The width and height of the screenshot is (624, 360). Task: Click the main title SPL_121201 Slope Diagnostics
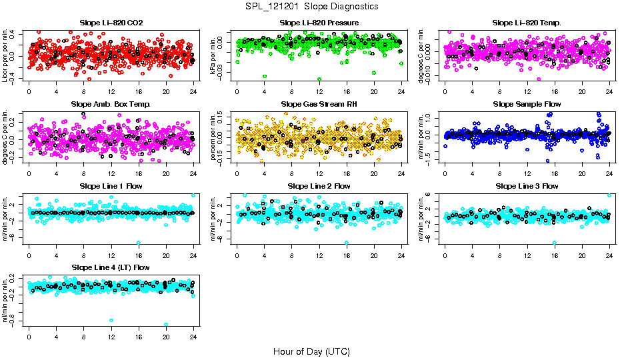tap(311, 6)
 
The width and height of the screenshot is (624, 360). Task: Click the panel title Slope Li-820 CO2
tap(111, 23)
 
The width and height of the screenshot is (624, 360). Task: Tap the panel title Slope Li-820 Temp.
tap(527, 23)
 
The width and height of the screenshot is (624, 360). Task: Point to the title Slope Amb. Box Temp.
tap(111, 104)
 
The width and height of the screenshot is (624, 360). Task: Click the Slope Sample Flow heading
tap(527, 104)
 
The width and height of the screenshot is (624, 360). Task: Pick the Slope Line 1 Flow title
tap(111, 186)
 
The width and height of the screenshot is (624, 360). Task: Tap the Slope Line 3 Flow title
tap(527, 186)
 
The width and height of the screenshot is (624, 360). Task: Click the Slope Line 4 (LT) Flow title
tap(111, 267)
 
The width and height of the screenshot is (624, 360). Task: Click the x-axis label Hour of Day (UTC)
tap(311, 351)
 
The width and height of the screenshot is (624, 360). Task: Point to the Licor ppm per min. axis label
tap(5, 55)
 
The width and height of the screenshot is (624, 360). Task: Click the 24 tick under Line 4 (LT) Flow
tap(194, 336)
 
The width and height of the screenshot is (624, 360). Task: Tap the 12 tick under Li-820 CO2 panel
tap(111, 91)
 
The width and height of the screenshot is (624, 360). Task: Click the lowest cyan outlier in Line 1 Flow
tap(139, 243)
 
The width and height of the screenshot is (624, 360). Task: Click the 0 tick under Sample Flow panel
tap(445, 173)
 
